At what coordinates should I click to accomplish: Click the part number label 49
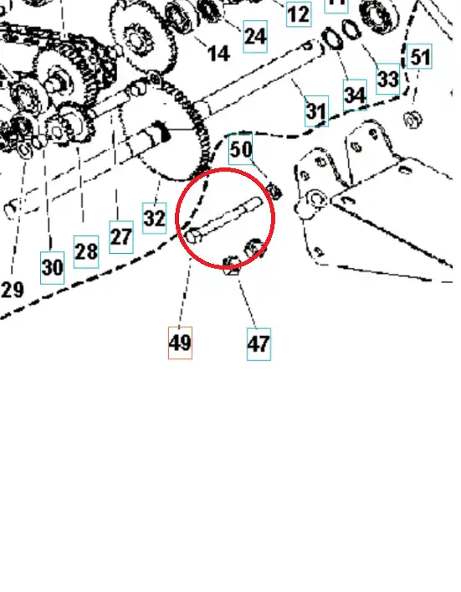point(180,342)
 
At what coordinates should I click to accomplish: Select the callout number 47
point(259,344)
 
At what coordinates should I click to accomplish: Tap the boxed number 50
point(241,149)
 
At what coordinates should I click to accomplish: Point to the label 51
point(419,56)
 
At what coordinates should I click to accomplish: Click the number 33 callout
point(388,79)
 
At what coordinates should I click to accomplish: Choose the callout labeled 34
point(355,95)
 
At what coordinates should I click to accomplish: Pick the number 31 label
point(316,111)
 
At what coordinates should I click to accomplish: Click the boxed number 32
point(154,218)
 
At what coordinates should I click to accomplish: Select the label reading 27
point(121,237)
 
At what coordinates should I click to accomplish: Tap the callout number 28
point(86,251)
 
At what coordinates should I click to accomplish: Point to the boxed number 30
point(52,267)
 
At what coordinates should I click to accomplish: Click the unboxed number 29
point(13,290)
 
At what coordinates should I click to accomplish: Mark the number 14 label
point(219,54)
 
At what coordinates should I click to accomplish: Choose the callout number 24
point(255,36)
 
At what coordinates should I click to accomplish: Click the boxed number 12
point(299,14)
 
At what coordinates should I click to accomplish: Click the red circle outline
point(226,169)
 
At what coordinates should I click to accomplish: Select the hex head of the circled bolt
point(193,235)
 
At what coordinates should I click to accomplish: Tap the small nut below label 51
point(412,120)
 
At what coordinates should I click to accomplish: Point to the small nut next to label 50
point(274,190)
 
